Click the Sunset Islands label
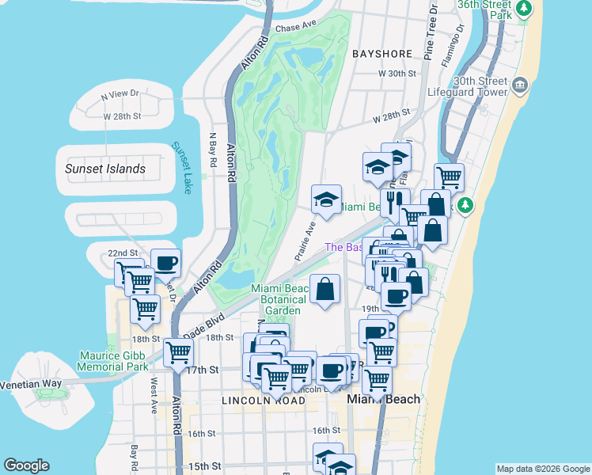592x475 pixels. coord(105,169)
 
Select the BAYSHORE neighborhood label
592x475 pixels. coord(383,54)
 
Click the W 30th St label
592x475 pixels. coord(397,73)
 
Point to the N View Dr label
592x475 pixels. coord(120,93)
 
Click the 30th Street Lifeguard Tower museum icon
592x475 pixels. coord(521,85)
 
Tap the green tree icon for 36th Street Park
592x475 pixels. coord(523,9)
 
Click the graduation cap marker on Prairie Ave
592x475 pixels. coord(325,199)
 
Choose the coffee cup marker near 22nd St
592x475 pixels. coord(166,263)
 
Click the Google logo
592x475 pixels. coord(26,465)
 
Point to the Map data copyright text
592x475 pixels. coord(542,468)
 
